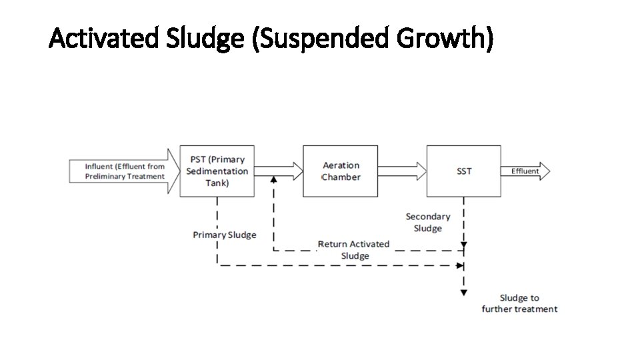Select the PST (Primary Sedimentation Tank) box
(x=217, y=171)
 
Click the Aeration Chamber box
(x=341, y=171)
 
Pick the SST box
(x=464, y=171)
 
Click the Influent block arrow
(x=125, y=171)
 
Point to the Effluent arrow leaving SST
(x=526, y=171)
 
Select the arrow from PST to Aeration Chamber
(x=277, y=171)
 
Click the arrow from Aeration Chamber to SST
(x=402, y=171)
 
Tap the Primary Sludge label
(x=225, y=235)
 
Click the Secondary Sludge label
(x=428, y=223)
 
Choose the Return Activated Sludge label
(x=354, y=250)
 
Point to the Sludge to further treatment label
(x=520, y=303)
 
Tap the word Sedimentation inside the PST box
(x=217, y=171)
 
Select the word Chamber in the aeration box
(x=341, y=177)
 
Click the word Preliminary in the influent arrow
(x=107, y=177)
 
